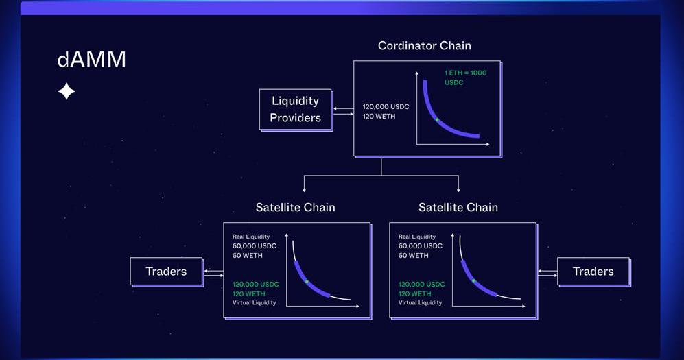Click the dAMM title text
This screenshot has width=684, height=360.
point(91,60)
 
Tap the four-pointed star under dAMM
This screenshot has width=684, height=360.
point(67,91)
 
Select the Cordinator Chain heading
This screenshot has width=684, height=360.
point(425,46)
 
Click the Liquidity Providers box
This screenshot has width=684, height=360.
point(295,109)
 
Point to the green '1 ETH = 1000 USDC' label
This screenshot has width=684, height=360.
point(465,77)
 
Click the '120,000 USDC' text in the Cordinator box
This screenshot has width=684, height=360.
point(386,106)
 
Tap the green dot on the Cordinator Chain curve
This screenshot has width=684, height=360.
point(437,119)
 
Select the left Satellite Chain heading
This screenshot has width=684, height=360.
point(295,207)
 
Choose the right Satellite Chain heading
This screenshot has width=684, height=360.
point(458,207)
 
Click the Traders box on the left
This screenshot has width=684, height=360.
point(166,272)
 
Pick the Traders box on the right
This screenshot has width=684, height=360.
point(593,272)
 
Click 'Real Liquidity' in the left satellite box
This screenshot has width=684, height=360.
point(251,237)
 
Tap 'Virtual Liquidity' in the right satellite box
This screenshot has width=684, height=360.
point(421,302)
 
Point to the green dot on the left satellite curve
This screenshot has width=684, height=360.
point(307,282)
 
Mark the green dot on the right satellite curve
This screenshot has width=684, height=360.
point(473,280)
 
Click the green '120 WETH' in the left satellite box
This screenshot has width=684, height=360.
point(249,293)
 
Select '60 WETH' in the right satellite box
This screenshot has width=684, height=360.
point(414,255)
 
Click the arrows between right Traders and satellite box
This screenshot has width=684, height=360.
point(547,272)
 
